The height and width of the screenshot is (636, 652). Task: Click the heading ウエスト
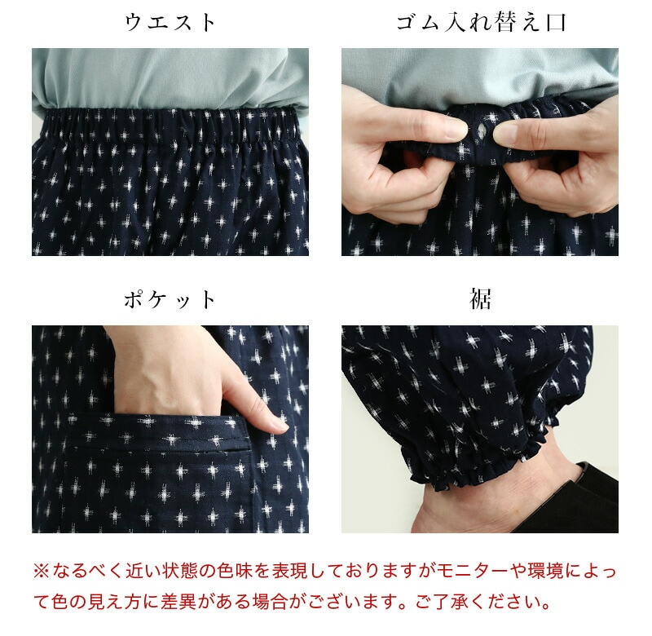[170, 23]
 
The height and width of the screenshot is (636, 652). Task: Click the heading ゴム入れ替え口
[481, 23]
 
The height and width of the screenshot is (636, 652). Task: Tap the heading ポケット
[170, 300]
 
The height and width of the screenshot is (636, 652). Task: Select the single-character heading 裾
[480, 299]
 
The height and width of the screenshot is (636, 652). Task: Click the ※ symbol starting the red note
[42, 570]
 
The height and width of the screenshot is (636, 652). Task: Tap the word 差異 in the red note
[178, 602]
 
